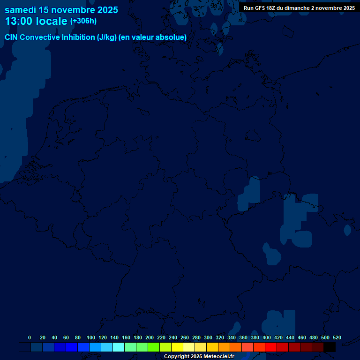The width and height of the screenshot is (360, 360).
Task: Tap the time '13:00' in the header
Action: click(21, 21)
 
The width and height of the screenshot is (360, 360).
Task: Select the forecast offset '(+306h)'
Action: click(83, 21)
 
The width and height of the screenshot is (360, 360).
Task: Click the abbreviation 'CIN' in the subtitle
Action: click(11, 37)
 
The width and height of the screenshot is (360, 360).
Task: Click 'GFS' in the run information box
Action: click(259, 8)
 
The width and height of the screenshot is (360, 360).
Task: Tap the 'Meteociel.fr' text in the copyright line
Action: click(216, 357)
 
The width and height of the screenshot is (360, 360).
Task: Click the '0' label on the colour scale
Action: click(30, 337)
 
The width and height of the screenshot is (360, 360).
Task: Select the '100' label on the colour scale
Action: click(91, 337)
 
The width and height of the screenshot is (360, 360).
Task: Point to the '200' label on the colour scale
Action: click(150, 337)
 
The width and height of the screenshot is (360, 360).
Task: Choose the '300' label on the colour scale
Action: click(208, 337)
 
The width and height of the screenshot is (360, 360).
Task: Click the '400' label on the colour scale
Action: click(267, 337)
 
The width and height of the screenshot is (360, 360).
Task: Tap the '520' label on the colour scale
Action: click(337, 337)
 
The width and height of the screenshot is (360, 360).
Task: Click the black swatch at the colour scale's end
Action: click(330, 347)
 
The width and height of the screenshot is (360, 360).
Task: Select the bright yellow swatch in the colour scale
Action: click(177, 347)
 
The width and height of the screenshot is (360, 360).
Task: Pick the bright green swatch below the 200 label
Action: click(154, 347)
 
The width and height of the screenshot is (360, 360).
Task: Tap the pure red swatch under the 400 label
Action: click(271, 347)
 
